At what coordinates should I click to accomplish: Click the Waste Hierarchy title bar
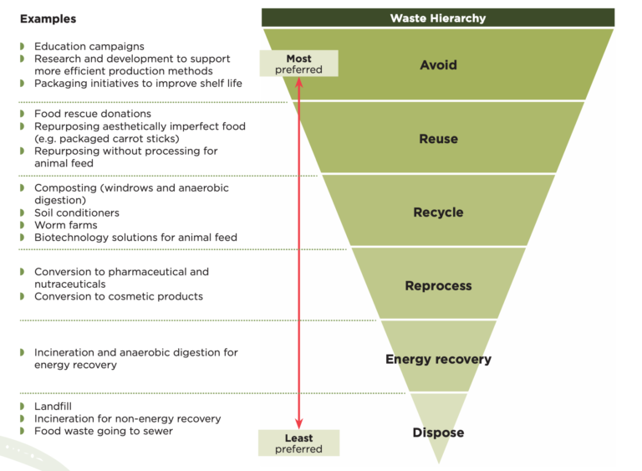437,18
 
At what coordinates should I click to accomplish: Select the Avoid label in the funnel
438,64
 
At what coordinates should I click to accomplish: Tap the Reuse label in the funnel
438,139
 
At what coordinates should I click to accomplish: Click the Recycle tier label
438,212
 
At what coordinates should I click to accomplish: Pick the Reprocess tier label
438,286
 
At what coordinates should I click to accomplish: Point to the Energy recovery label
438,360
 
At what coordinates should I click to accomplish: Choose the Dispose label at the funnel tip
438,433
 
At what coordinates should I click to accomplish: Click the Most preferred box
298,64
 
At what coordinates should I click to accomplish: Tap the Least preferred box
298,443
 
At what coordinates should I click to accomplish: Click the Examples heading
48,18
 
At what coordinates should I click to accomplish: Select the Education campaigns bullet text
89,46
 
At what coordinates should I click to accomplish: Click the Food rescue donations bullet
92,113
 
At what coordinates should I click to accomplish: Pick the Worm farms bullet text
65,225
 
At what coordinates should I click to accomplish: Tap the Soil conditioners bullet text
76,212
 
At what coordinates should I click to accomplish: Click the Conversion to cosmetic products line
118,296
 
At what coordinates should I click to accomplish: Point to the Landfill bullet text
53,406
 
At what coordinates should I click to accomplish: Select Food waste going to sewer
103,431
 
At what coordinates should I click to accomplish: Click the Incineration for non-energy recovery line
127,418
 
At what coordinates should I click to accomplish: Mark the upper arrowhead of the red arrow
298,82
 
